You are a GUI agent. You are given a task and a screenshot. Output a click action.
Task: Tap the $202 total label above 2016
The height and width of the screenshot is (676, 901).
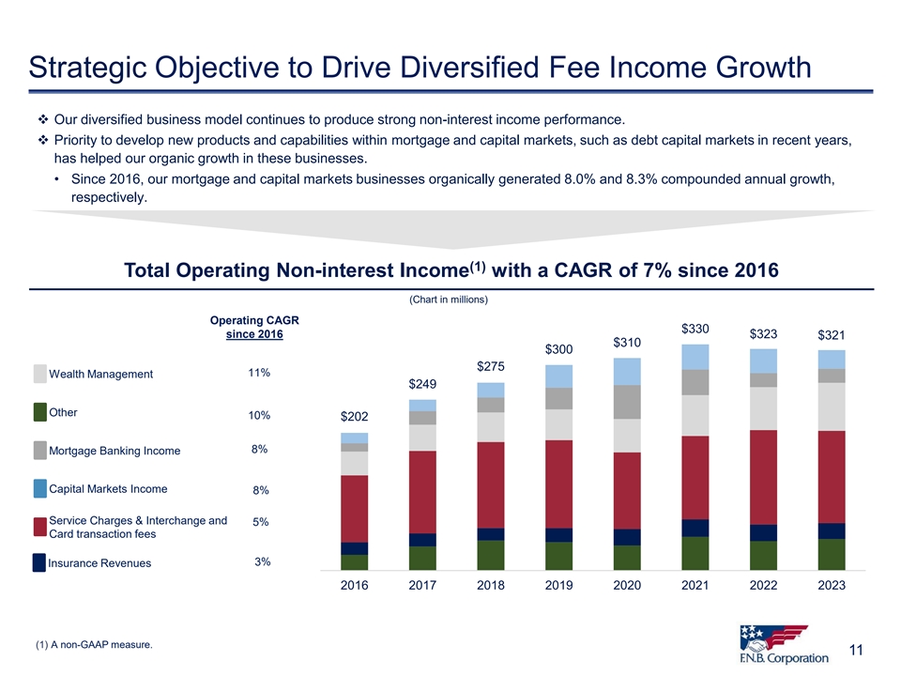coord(354,416)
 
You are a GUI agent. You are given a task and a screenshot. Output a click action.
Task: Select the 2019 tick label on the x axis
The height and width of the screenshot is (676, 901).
coord(558,585)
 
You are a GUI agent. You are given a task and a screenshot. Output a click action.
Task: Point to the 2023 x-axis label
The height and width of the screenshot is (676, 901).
coord(832,585)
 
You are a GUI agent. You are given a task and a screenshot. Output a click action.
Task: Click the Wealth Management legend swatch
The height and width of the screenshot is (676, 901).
coord(39,374)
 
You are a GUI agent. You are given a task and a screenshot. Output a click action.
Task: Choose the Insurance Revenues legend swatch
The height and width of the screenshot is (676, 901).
coord(39,562)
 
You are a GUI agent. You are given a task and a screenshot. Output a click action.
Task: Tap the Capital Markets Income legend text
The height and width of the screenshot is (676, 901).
coord(108,488)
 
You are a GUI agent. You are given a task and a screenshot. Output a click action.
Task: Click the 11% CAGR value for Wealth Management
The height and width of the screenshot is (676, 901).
coord(259,373)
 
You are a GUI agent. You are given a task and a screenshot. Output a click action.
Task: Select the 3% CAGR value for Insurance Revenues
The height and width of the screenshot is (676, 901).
coord(263,561)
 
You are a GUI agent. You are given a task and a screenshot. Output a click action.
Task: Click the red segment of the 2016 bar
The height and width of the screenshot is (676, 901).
coord(354,508)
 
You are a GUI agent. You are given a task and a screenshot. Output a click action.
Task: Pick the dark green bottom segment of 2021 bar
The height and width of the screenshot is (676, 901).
coord(695,553)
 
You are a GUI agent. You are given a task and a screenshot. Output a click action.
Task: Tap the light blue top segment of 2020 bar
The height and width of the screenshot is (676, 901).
coord(627,371)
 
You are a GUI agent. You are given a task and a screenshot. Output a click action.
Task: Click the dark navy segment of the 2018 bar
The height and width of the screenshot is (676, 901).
coord(491,534)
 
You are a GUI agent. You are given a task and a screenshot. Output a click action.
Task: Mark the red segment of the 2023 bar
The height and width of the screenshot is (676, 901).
coord(832,476)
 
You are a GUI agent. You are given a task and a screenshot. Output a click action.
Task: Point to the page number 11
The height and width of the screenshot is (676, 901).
coord(856,650)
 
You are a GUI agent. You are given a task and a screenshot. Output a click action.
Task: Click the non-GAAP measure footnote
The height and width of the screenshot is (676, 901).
coord(92,644)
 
